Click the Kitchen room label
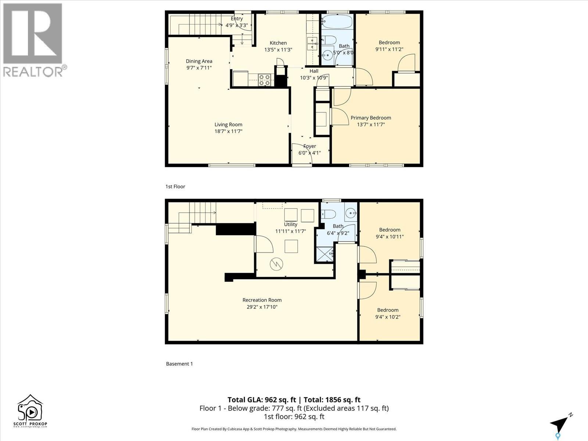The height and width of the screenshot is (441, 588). point(278,43)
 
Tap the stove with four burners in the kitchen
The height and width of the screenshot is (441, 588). point(265,80)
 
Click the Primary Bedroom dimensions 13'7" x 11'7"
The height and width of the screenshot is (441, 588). point(371,125)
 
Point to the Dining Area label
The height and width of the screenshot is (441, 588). point(199,61)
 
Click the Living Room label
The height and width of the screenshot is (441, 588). point(228,125)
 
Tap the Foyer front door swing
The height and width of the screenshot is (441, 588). point(302,154)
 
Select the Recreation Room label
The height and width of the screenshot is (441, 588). point(262,300)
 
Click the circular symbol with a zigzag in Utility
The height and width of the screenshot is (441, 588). point(276,263)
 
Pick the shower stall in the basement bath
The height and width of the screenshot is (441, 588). point(325,254)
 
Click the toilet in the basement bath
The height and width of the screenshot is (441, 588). point(328,214)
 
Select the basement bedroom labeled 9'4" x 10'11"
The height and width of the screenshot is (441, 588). point(390,233)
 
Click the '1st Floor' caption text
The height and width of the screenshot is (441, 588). point(175,187)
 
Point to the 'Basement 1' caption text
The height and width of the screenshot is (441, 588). point(179,364)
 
